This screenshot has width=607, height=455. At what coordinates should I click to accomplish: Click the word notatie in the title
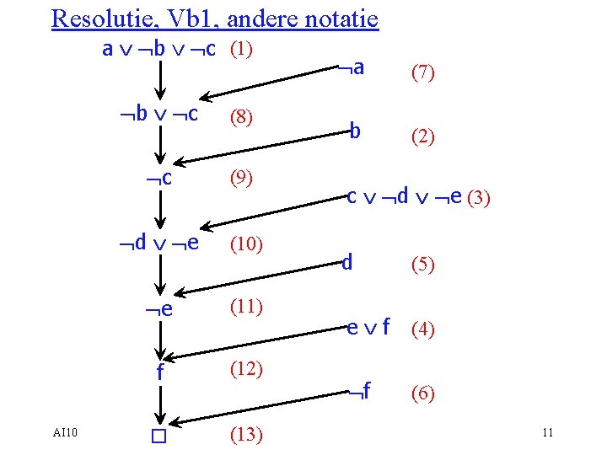(341, 18)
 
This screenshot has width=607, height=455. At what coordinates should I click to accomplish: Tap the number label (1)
(242, 49)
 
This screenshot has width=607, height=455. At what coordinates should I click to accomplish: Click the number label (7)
(422, 74)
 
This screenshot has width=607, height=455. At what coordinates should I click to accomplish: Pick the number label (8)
(242, 118)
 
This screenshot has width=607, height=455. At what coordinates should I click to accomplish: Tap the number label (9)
(242, 179)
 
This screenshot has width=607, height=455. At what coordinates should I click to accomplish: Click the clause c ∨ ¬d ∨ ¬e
(404, 197)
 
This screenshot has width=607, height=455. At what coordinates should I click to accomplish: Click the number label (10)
(246, 244)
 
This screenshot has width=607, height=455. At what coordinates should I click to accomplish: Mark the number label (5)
(422, 265)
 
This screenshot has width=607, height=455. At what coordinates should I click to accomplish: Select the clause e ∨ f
(368, 327)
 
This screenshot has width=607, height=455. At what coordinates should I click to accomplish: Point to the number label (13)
(246, 436)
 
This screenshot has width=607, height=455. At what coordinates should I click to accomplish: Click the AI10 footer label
(64, 433)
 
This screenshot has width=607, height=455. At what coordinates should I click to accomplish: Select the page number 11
(547, 433)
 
